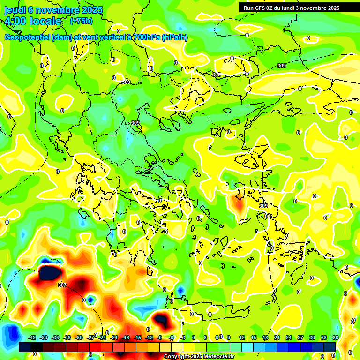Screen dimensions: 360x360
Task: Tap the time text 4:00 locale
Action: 33,21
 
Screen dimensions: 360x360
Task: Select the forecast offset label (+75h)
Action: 81,21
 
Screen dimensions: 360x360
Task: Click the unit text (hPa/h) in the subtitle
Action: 174,37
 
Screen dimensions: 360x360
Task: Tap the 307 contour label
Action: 62,285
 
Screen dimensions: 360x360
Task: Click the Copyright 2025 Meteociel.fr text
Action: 199,357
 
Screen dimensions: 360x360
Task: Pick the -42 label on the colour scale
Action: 32,337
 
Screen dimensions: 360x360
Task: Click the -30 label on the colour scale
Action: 79,337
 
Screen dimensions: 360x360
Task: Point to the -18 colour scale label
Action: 126,337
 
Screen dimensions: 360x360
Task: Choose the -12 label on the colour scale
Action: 149,337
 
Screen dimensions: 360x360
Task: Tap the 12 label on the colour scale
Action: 242,337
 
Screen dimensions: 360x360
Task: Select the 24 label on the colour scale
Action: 289,337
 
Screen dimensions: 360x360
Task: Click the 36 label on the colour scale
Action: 336,337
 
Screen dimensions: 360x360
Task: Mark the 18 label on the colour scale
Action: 265,337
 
